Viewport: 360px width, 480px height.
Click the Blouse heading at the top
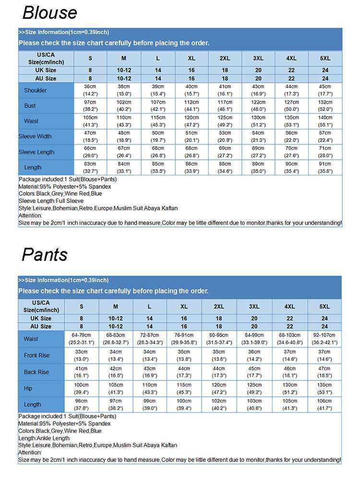coord(49,12)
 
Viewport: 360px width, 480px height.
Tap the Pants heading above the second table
coord(45,254)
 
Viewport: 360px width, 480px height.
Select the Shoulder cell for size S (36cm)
coord(90,90)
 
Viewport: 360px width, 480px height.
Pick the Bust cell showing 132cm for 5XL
coord(325,106)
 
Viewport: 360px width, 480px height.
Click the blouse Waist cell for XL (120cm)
coord(191,121)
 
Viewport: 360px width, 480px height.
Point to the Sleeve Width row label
coord(35,136)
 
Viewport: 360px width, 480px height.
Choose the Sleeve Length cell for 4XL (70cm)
coord(291,152)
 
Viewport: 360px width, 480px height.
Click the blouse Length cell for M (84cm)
coord(124,167)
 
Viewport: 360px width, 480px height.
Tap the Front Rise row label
coord(36,355)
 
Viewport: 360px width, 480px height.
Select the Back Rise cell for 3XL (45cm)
coord(254,372)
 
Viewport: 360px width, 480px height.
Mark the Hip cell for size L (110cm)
coord(149,388)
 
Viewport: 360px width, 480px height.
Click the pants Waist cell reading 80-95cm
coord(219,338)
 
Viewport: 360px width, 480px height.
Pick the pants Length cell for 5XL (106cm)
coord(324,404)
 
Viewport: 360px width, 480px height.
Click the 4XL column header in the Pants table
coord(289,306)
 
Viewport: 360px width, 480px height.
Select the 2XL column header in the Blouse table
coord(225,58)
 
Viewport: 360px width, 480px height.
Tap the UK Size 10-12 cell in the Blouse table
coord(124,70)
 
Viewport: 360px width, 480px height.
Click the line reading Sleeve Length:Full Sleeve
coord(51,201)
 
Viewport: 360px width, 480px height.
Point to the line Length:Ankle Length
coord(44,438)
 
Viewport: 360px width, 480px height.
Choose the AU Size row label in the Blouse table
coord(46,78)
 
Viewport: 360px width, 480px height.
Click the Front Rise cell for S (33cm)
coord(81,355)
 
